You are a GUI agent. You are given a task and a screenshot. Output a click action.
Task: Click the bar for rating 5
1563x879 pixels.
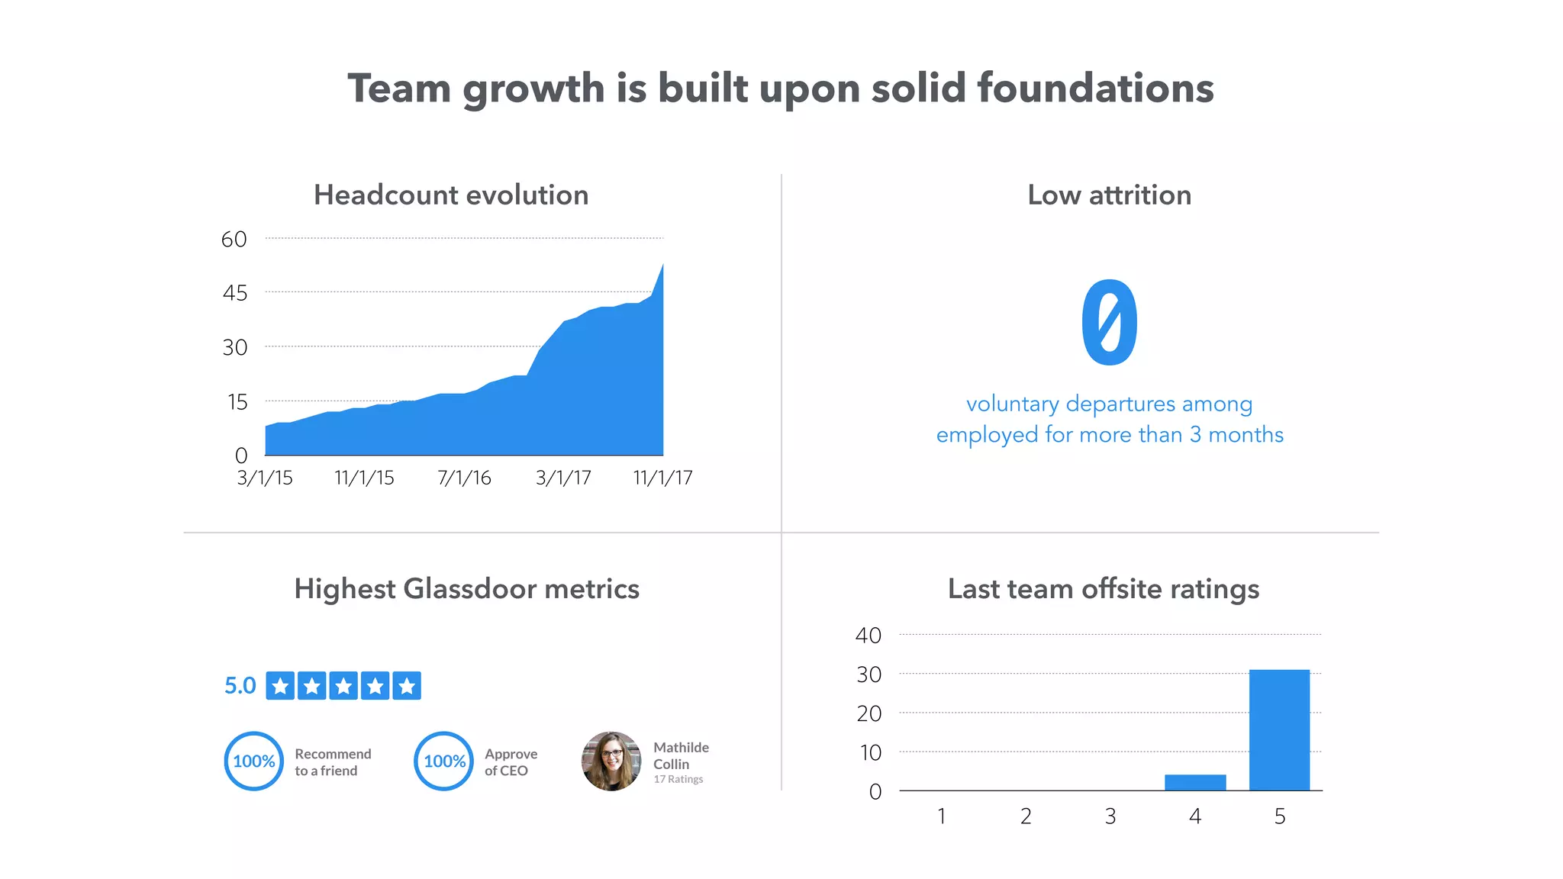pyautogui.click(x=1279, y=729)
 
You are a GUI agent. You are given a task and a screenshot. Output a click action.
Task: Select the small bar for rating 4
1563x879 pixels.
pyautogui.click(x=1195, y=782)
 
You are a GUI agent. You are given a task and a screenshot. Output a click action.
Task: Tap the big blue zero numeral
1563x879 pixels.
pyautogui.click(x=1109, y=322)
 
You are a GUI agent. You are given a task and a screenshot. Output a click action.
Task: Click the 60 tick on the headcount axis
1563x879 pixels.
pyautogui.click(x=234, y=240)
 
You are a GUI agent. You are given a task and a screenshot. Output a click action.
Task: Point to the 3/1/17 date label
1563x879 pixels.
pyautogui.click(x=563, y=478)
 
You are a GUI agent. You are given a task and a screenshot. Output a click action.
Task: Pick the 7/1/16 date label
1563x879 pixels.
pyautogui.click(x=464, y=478)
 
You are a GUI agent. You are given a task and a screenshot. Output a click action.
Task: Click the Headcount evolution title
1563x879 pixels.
pyautogui.click(x=451, y=195)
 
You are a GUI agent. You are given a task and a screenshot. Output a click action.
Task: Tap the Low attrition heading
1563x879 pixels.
pyautogui.click(x=1109, y=195)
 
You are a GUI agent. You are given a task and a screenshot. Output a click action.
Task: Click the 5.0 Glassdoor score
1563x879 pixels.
pyautogui.click(x=240, y=685)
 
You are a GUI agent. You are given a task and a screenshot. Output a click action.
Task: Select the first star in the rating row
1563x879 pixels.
pyautogui.click(x=280, y=686)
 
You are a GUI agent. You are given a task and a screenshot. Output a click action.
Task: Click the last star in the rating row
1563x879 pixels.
pyautogui.click(x=407, y=686)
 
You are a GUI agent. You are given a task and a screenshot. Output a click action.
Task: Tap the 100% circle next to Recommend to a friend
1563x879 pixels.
pyautogui.click(x=253, y=761)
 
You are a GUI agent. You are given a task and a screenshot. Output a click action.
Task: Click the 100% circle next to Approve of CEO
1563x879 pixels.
pyautogui.click(x=443, y=761)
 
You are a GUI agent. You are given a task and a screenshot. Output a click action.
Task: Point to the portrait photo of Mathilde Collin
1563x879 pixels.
pyautogui.click(x=611, y=761)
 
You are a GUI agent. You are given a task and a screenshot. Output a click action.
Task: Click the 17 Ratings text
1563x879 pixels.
pyautogui.click(x=678, y=779)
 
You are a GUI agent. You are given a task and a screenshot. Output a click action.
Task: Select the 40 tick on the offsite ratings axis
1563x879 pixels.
pyautogui.click(x=869, y=636)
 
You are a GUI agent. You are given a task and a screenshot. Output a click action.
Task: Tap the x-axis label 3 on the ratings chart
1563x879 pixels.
pyautogui.click(x=1110, y=816)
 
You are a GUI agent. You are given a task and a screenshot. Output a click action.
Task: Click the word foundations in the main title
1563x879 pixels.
pyautogui.click(x=1095, y=89)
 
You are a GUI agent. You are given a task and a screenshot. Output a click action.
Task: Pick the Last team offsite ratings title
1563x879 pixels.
pyautogui.click(x=1103, y=589)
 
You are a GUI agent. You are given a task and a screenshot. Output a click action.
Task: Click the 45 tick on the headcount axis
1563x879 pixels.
pyautogui.click(x=235, y=293)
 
